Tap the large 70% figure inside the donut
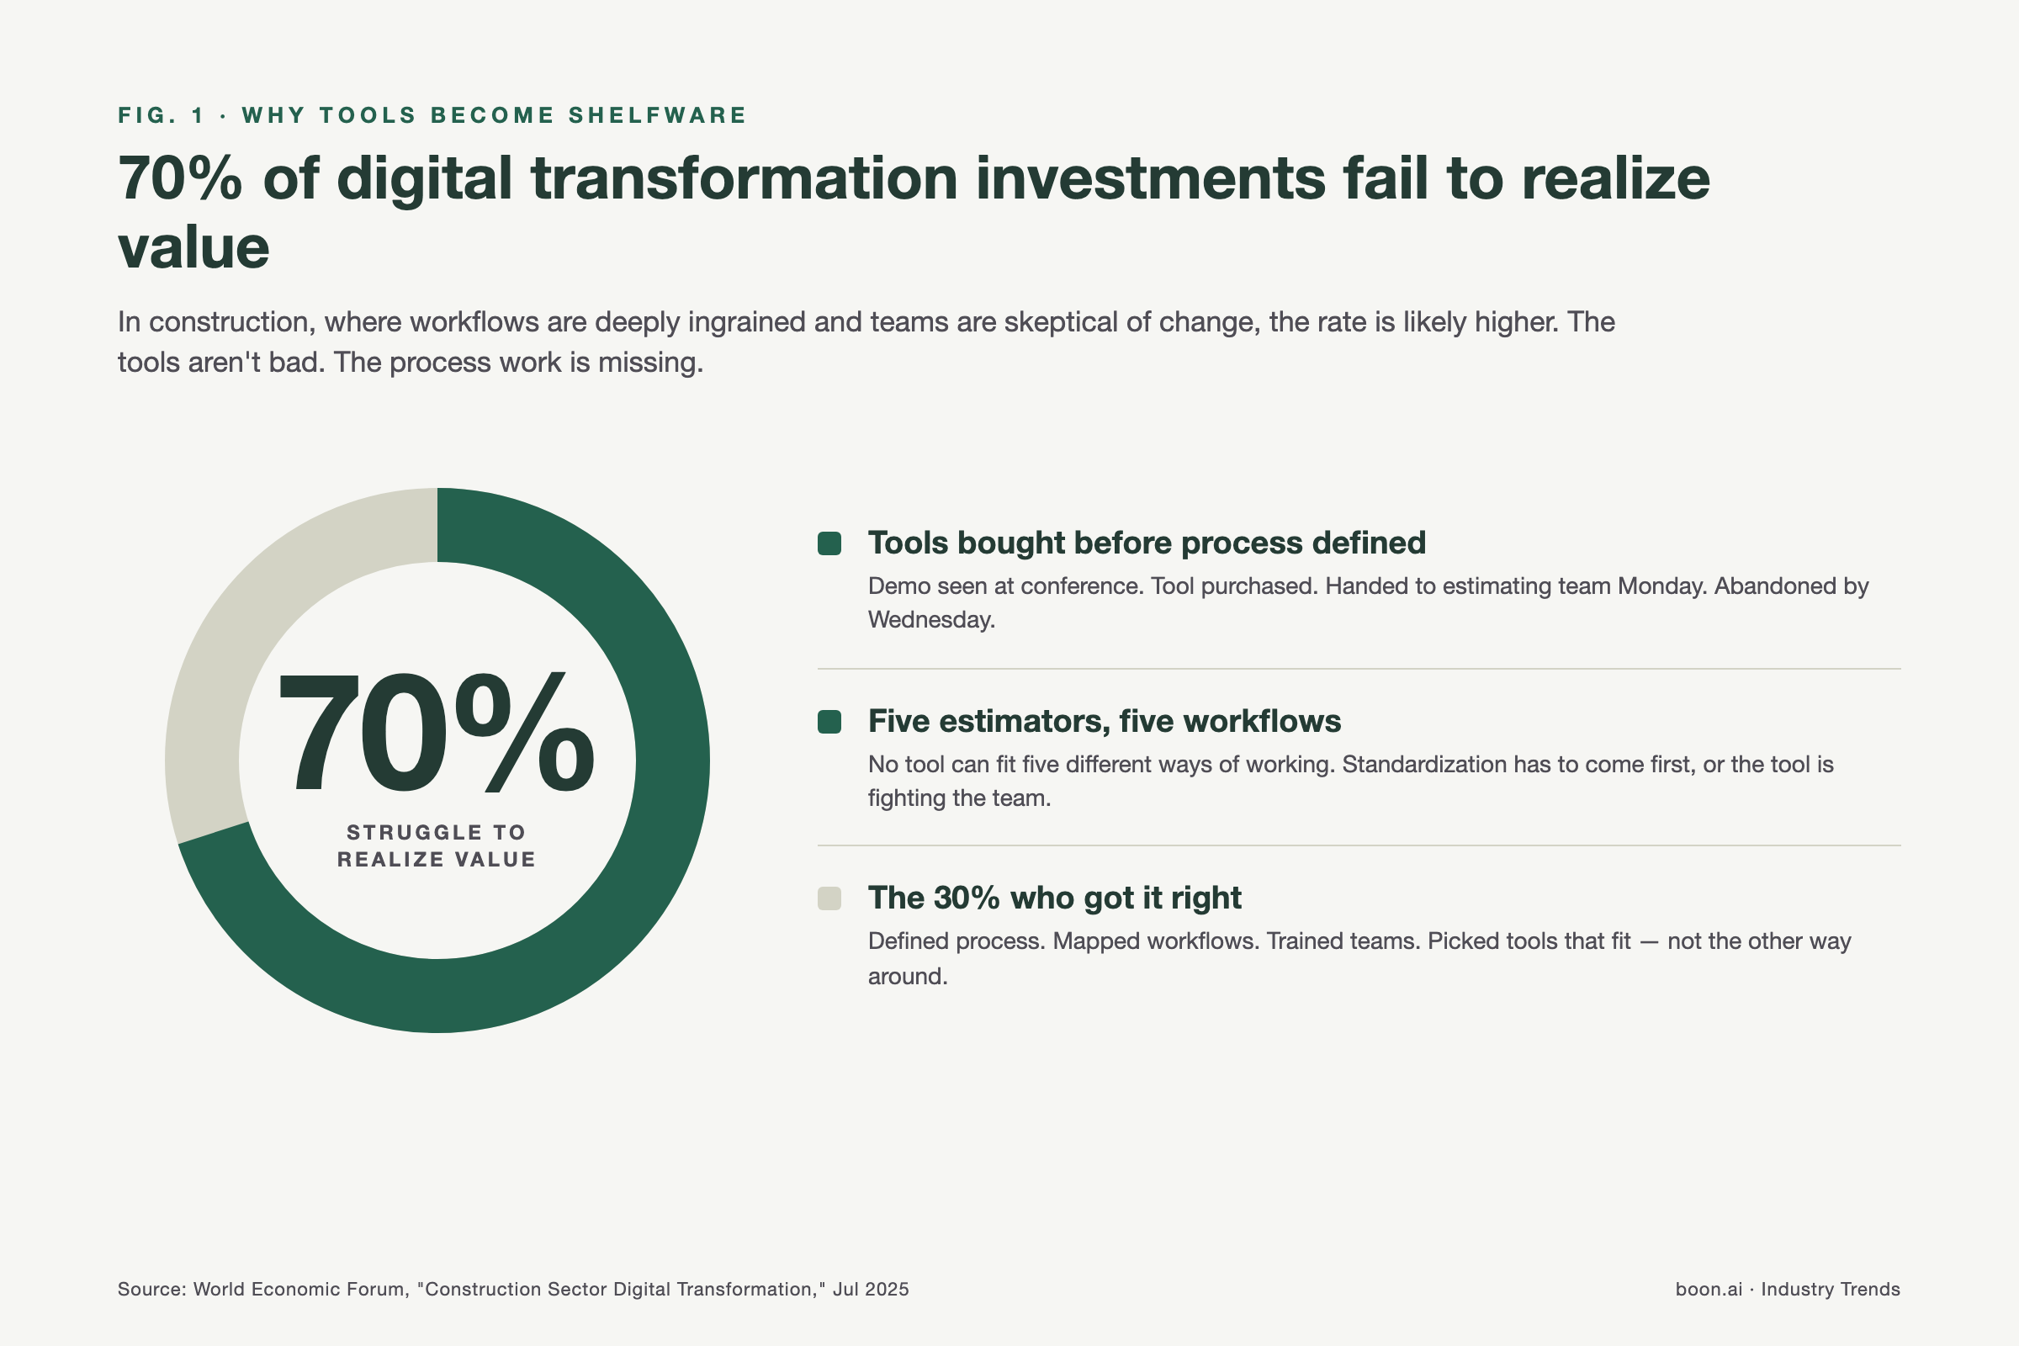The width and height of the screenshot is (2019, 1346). click(436, 734)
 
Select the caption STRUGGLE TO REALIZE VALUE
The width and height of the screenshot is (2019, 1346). click(436, 845)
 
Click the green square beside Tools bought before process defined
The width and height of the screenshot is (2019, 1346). click(829, 543)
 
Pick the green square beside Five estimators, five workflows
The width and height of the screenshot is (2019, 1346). click(829, 722)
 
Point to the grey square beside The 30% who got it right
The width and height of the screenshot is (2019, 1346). click(829, 898)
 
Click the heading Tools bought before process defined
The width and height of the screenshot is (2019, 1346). click(1146, 543)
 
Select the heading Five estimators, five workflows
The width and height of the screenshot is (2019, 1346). click(1104, 722)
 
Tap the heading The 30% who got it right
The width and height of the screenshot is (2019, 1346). click(1054, 898)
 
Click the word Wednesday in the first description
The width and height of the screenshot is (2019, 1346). click(930, 620)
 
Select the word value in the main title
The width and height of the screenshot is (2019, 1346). click(194, 248)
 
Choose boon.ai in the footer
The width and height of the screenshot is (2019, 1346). click(1709, 1290)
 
